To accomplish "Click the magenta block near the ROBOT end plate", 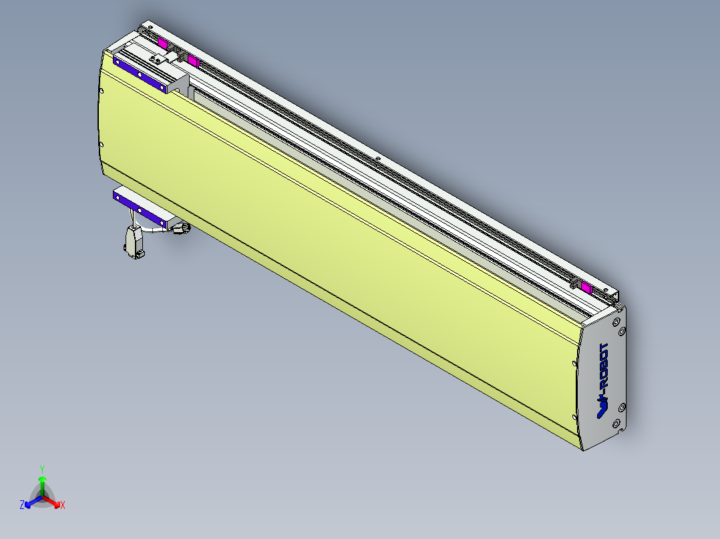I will click(x=586, y=288).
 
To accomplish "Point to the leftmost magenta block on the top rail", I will click(x=162, y=43).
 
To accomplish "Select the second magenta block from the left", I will click(x=194, y=62).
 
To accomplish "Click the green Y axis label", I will click(x=41, y=469).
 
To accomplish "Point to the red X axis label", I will click(x=63, y=506).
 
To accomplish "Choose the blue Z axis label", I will click(x=21, y=506).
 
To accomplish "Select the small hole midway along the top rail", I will click(x=377, y=159).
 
